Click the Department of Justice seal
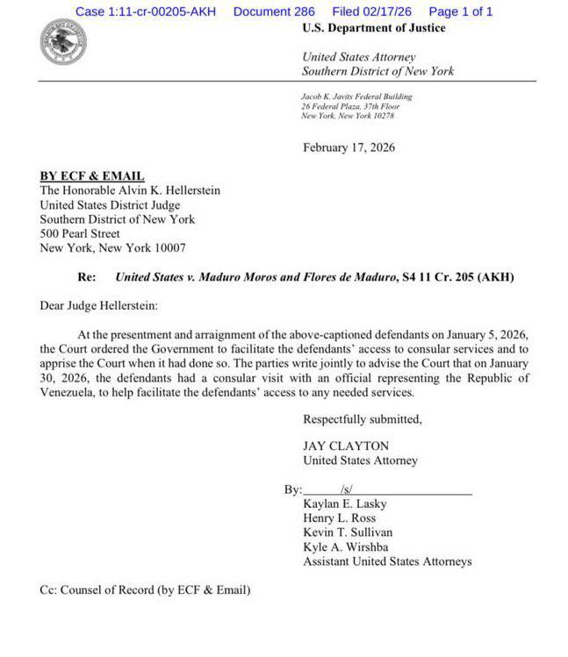[x=64, y=41]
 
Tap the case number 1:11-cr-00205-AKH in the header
[x=145, y=11]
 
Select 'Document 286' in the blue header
[x=274, y=11]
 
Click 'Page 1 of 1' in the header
[x=460, y=11]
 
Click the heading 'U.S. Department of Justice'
[x=373, y=28]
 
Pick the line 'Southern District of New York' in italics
[x=378, y=71]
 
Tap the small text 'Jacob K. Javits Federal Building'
[x=356, y=96]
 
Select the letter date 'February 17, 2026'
[x=349, y=147]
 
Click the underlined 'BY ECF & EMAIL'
[x=92, y=176]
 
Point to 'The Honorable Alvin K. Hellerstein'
[x=130, y=190]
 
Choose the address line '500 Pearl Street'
[x=80, y=234]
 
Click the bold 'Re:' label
[x=86, y=277]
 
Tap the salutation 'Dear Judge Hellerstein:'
[x=99, y=306]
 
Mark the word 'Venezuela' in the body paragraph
[x=67, y=392]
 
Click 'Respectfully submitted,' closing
[x=362, y=419]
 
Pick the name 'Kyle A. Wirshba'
[x=345, y=546]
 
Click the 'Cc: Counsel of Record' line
[x=145, y=590]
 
